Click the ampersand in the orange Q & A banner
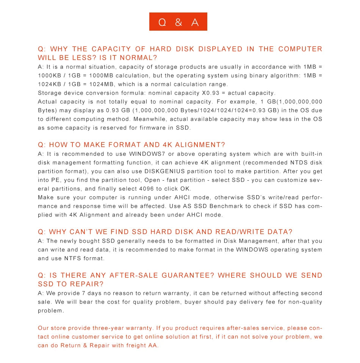(178, 22)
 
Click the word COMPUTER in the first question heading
(300, 49)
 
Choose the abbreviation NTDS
(300, 162)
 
